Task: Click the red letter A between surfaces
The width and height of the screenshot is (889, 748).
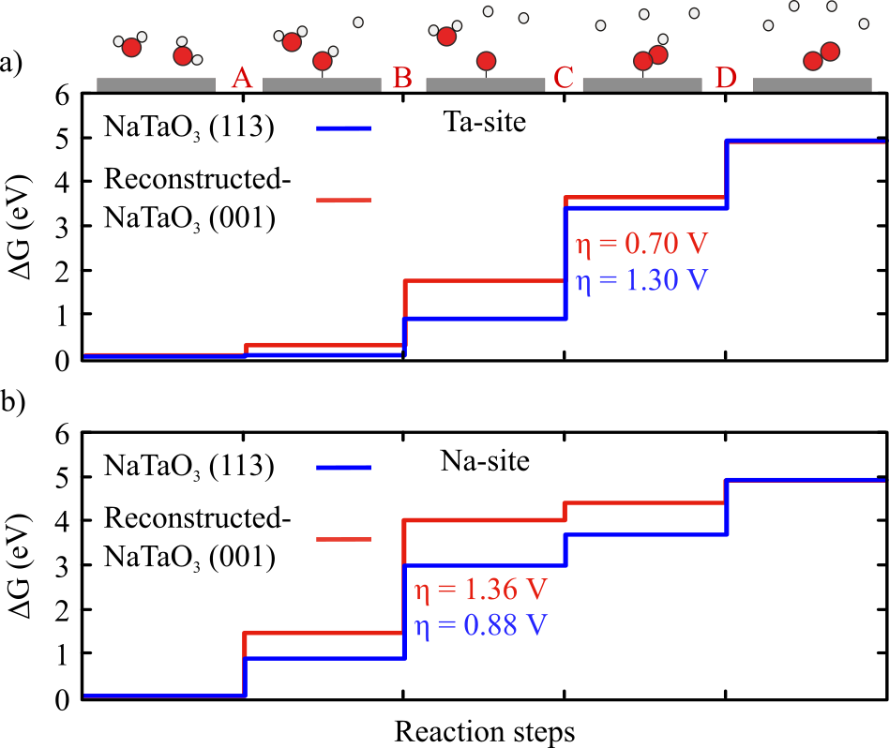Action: (x=242, y=79)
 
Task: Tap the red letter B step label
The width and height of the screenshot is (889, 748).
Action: (x=403, y=79)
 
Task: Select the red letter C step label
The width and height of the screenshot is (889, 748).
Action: (x=564, y=79)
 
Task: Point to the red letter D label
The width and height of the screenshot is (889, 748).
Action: (x=726, y=79)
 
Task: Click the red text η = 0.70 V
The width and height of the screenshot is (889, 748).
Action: (x=638, y=247)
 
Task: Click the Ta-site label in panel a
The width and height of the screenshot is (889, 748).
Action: (x=479, y=121)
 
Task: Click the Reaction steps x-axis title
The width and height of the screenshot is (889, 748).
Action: (x=484, y=728)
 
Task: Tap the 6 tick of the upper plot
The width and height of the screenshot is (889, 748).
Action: (x=62, y=95)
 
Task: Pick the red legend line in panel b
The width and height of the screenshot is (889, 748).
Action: (x=344, y=538)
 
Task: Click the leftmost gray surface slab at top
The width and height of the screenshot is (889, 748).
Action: (x=157, y=84)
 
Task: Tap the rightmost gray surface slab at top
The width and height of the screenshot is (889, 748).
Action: (x=812, y=84)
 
